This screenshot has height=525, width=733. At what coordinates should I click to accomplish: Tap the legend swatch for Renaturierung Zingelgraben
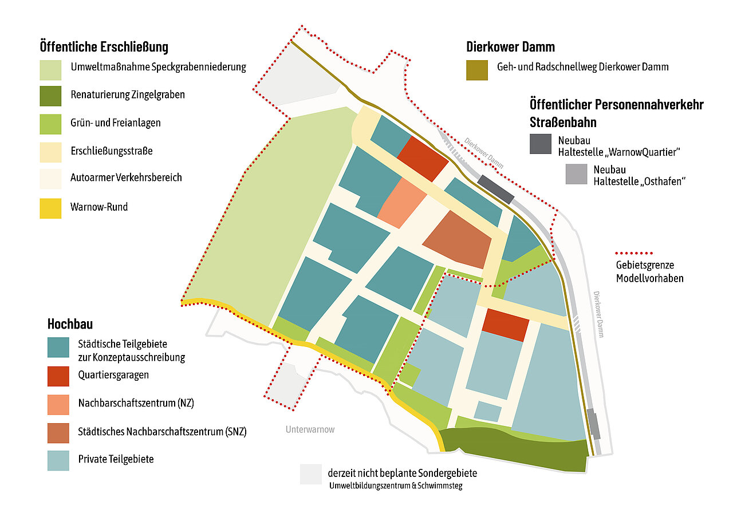point(50,95)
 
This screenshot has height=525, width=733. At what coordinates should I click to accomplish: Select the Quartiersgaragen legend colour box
point(58,375)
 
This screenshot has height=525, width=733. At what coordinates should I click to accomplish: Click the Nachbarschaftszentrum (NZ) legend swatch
point(58,403)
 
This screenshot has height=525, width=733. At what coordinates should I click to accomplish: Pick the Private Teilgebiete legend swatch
point(58,459)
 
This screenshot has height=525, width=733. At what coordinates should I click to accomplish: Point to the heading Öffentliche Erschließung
point(104,46)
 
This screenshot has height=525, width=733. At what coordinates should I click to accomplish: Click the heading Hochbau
point(70,324)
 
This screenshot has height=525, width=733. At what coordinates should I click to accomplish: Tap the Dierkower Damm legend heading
point(510,46)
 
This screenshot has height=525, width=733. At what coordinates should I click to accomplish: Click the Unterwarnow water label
point(310,429)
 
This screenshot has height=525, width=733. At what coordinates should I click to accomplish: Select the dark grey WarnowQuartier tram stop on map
point(495,189)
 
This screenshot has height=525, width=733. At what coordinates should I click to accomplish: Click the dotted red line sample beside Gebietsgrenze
point(633,252)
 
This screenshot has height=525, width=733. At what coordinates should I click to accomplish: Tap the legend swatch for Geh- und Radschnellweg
point(477,70)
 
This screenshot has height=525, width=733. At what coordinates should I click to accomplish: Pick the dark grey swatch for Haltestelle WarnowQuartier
point(541,144)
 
